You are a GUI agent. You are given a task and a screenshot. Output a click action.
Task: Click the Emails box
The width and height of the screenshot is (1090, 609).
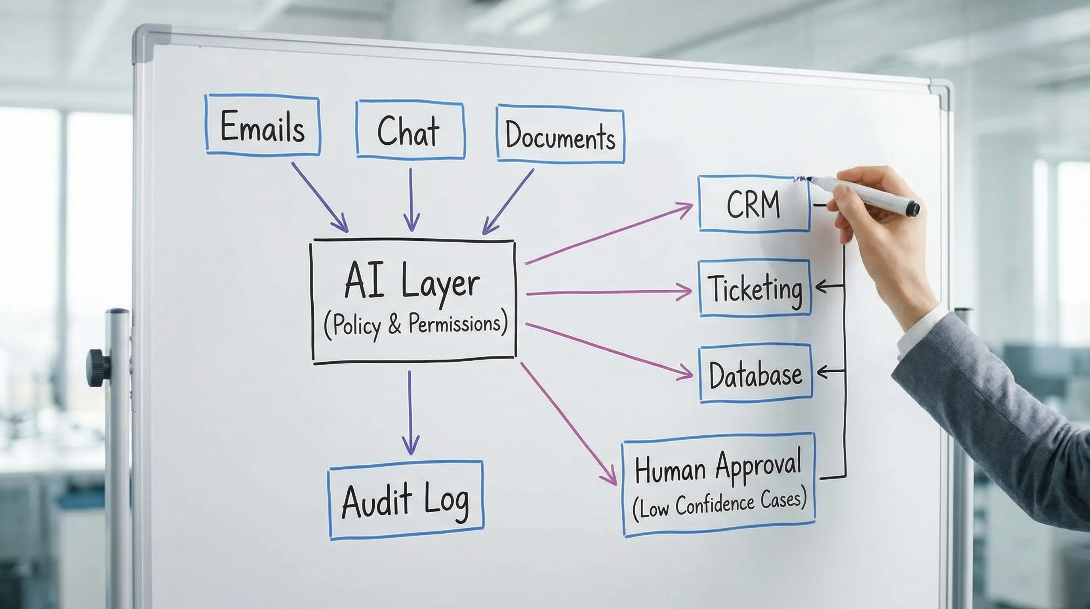(262, 125)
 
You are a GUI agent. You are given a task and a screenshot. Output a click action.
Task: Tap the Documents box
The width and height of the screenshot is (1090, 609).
(560, 136)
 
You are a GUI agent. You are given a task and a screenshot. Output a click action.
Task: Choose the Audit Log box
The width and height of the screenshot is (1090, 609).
(405, 500)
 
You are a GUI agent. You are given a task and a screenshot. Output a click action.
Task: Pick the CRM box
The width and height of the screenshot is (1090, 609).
(753, 204)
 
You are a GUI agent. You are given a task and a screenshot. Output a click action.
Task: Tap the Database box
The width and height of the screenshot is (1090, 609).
(756, 373)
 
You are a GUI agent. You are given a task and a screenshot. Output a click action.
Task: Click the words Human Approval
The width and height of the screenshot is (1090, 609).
(718, 467)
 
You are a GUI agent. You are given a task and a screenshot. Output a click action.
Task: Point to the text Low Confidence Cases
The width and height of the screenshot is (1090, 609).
(719, 504)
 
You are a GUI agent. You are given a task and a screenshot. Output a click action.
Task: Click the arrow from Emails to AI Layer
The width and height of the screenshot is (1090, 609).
(320, 197)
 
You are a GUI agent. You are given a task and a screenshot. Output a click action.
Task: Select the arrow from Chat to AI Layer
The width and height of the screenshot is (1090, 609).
(411, 199)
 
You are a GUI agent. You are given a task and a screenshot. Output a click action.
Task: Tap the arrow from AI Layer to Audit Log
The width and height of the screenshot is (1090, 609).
(410, 413)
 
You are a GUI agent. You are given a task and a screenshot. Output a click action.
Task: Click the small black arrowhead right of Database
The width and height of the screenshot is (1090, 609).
(823, 372)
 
